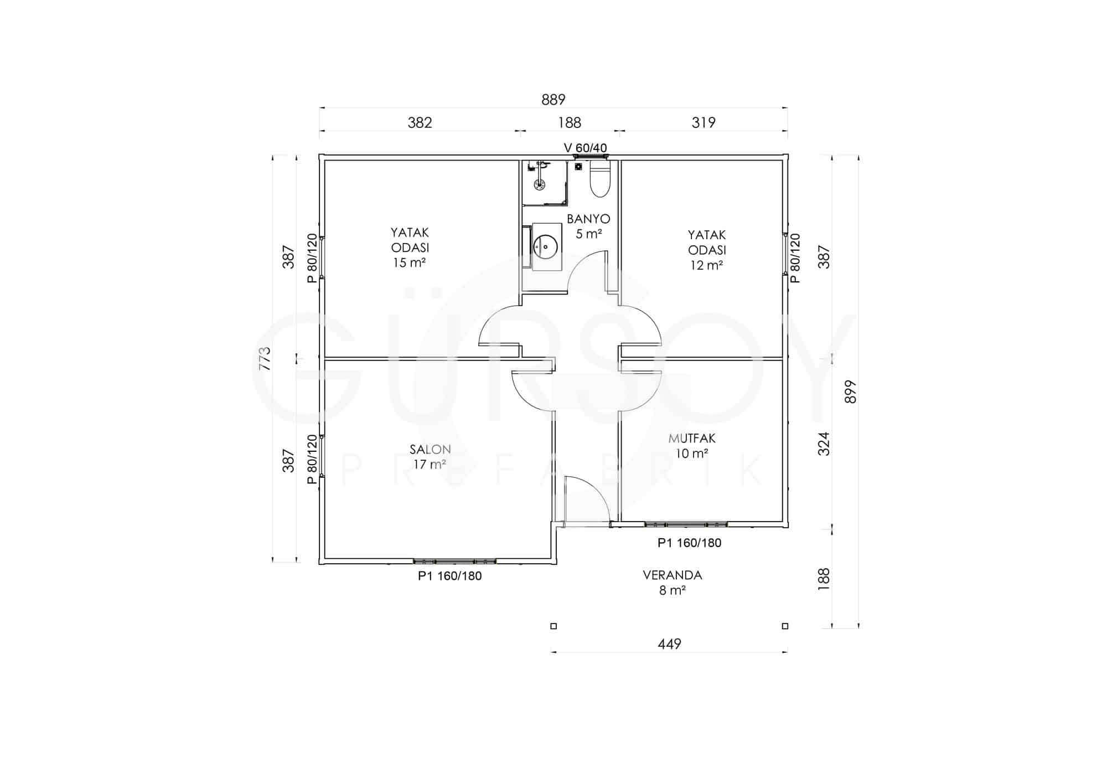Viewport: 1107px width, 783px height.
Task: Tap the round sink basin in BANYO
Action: coord(545,247)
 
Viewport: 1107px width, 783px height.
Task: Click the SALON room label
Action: coord(430,449)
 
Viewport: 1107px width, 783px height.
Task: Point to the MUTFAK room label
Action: coord(692,438)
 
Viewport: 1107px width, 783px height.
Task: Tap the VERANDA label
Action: coord(673,575)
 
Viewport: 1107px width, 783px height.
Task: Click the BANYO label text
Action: coord(588,219)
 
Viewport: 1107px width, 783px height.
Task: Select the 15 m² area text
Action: coord(410,262)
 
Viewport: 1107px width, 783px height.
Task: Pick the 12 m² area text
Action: coord(707,265)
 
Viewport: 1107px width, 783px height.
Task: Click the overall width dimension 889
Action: coord(553,100)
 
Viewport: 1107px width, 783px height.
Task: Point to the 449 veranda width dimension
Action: coord(670,644)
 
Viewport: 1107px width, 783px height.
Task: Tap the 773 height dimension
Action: coord(265,358)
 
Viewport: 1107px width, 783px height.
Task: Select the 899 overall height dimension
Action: coord(851,391)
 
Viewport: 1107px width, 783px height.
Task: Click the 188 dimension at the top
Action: coord(570,122)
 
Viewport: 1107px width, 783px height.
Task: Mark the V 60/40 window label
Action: coord(586,148)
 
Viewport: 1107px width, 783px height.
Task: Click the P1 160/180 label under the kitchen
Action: coord(690,543)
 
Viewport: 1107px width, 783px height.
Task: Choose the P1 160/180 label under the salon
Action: coord(450,576)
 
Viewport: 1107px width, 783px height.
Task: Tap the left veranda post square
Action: coord(553,626)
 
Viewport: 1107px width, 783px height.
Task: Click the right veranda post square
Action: coord(785,626)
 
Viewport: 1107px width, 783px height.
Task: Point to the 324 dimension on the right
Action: coord(824,444)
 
